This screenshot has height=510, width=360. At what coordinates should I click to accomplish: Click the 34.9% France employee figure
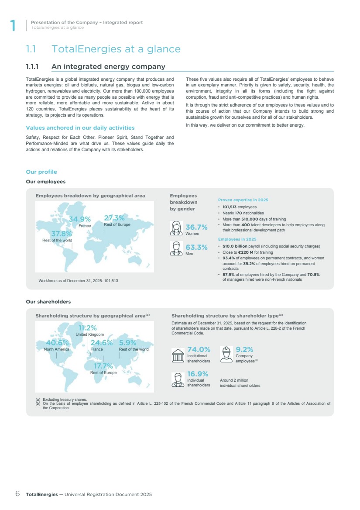tap(80, 219)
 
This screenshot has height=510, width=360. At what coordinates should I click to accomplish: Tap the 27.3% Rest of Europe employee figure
tap(114, 218)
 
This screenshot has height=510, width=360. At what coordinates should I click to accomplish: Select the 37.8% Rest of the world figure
tap(62, 234)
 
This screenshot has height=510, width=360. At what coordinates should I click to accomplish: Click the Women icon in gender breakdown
tap(177, 228)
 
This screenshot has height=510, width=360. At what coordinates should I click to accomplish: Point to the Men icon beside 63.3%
tap(177, 249)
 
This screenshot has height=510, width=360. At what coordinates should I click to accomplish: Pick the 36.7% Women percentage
tap(196, 227)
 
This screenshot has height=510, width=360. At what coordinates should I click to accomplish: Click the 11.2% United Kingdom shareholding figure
tap(87, 328)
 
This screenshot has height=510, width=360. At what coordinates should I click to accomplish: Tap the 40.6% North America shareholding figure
tap(57, 343)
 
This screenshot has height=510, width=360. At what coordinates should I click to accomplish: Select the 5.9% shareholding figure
tap(128, 343)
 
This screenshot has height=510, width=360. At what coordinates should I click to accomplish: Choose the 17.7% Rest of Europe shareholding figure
tap(103, 366)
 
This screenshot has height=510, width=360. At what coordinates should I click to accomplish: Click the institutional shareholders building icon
tap(178, 355)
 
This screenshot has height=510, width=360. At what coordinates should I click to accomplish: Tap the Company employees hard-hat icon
tap(226, 355)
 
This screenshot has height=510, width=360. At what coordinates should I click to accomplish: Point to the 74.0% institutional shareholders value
tap(199, 349)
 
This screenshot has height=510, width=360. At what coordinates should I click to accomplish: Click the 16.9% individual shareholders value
tap(198, 374)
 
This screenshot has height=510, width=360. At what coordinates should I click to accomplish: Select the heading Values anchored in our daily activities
tap(80, 128)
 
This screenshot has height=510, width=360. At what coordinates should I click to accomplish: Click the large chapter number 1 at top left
tap(13, 26)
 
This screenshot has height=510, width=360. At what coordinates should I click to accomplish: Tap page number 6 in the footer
tap(17, 494)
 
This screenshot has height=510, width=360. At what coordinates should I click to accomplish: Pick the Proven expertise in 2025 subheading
tap(243, 200)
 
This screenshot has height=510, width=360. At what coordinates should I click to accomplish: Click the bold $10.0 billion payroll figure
tap(235, 246)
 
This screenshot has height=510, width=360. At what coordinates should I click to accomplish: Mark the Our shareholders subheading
tap(48, 302)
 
